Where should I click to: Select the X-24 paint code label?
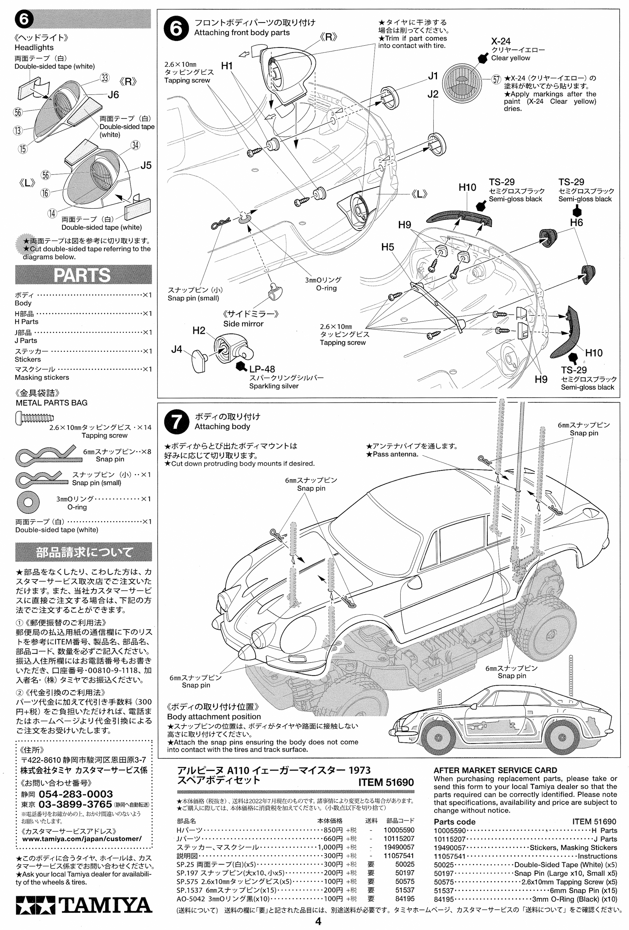coord(501,41)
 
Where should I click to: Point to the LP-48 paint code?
coord(262,369)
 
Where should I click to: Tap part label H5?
coord(388,247)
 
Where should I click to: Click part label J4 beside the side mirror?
coord(176,349)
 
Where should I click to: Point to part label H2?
coord(199,331)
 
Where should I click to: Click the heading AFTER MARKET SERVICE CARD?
coord(495,770)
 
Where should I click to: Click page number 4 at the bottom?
coord(318,922)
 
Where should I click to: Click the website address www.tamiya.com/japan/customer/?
coord(82,838)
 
